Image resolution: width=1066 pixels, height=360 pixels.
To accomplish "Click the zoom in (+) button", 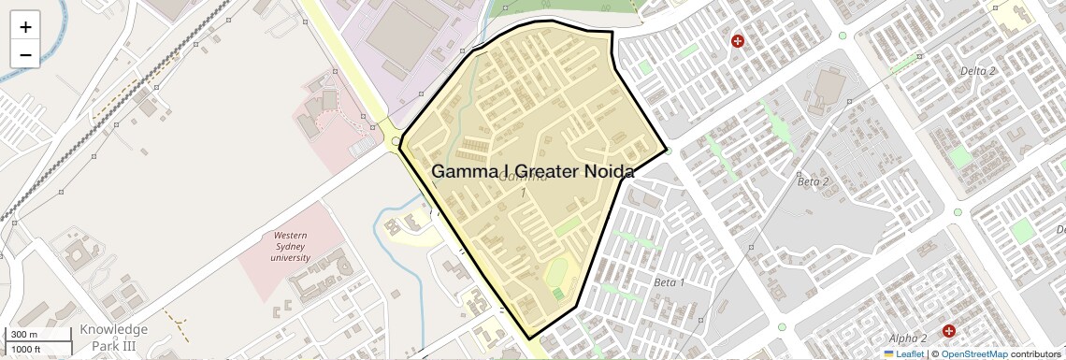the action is coord(25,27).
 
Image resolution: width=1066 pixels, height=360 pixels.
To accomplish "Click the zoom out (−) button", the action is coord(25,54).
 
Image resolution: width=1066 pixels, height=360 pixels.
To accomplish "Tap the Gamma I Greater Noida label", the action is coord(532,172).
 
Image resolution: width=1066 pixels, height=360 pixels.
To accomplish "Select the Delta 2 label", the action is coord(978,71).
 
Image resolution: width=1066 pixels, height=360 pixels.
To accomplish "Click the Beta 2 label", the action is coord(814,181).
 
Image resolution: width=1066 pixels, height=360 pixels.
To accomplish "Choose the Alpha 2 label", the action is coord(908,338).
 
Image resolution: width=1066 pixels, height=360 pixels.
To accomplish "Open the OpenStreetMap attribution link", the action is coord(973,354).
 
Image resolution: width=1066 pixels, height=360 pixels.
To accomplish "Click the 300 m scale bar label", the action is coord(25,335).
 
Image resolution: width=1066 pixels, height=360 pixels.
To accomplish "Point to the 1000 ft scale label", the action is coord(26,350).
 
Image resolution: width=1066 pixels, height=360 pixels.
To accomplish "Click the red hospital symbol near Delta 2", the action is coord(738,41).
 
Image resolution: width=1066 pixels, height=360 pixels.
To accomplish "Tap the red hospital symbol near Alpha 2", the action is coord(948,331).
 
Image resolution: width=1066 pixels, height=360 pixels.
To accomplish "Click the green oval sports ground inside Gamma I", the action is coord(556,274).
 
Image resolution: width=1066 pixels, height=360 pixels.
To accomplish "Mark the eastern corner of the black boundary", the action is coord(667,149).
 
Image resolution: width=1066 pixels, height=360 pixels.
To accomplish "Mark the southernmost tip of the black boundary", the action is coord(529,338).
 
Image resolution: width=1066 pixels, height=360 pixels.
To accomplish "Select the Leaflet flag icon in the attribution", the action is coord(888,354).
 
